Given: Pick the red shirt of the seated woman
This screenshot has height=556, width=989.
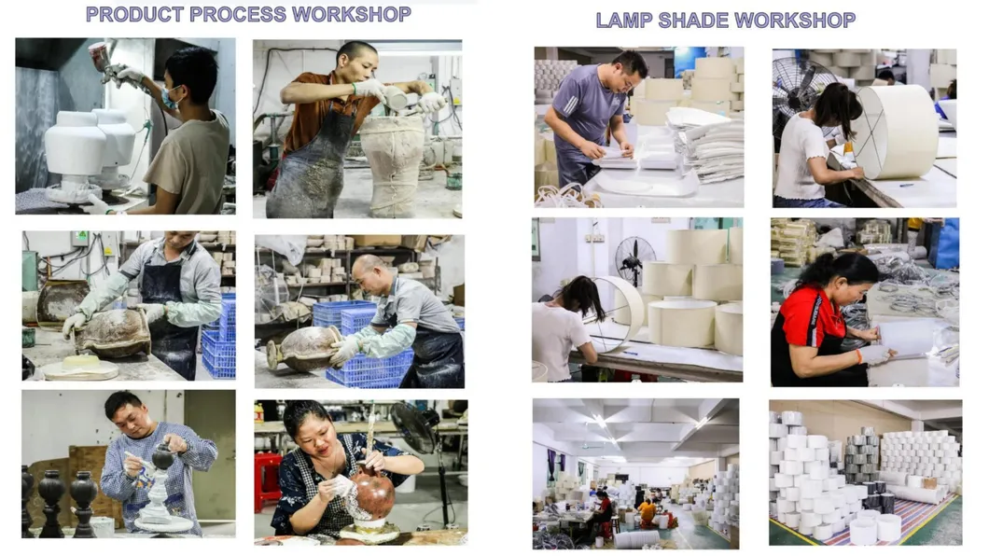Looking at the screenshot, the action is tap(809, 319).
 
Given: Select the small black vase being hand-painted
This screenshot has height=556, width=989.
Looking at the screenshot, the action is tap(162, 455).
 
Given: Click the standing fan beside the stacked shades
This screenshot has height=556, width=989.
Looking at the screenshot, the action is tap(634, 259).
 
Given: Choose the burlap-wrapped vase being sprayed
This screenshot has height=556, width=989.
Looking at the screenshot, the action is tap(392, 164).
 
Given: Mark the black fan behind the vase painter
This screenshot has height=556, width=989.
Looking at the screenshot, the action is tap(417, 429).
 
